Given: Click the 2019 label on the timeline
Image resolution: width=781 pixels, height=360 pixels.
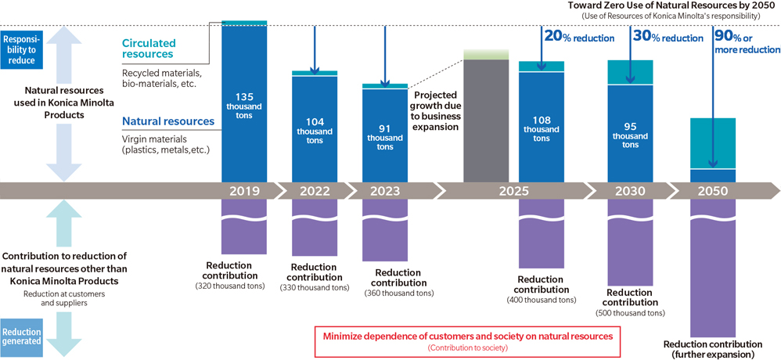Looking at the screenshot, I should click(244, 191).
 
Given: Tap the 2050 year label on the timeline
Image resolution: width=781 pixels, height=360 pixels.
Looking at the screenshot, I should click(713, 191).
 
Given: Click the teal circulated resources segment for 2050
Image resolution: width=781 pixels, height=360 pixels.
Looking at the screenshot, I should click(713, 142).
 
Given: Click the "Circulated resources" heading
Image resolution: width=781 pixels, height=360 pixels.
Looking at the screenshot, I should click(149, 49).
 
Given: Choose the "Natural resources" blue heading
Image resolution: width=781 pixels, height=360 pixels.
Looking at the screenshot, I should click(167, 121).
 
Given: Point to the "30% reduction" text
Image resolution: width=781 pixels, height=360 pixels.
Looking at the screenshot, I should click(668, 37).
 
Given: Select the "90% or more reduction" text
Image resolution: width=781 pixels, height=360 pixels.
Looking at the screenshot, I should click(747, 42).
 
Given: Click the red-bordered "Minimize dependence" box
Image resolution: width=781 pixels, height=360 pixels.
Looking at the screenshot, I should click(467, 340).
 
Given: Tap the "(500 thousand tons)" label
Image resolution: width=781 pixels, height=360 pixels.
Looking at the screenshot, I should click(630, 312).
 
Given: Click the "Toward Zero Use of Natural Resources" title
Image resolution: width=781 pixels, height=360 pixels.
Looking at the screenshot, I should click(674, 6).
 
